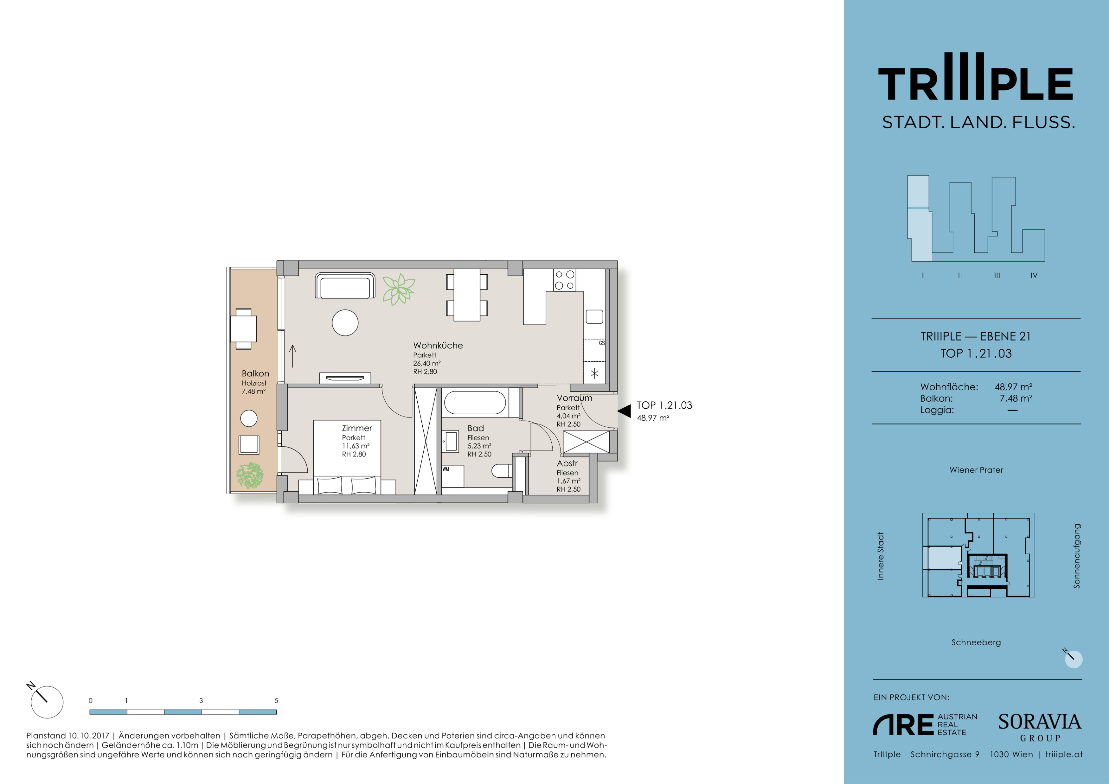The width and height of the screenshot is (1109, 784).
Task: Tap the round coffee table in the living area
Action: click(x=345, y=322)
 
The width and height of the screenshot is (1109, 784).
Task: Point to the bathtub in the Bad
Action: click(x=475, y=402)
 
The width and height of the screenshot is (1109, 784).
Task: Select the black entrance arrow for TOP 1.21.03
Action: click(x=624, y=411)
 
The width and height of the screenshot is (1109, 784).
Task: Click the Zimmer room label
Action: click(x=357, y=428)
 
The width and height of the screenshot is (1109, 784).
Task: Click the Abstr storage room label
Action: click(x=567, y=463)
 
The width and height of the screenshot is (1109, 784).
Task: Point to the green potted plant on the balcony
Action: click(x=250, y=475)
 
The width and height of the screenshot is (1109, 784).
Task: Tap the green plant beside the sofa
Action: click(x=399, y=289)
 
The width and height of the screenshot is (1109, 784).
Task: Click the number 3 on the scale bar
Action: click(x=201, y=700)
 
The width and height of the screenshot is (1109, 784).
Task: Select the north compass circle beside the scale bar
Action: click(x=47, y=702)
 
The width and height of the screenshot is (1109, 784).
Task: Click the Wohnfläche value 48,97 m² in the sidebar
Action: click(x=1013, y=387)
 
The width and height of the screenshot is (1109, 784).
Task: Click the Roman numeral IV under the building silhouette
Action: click(x=1034, y=275)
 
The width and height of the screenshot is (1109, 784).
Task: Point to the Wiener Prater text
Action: click(x=976, y=470)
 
